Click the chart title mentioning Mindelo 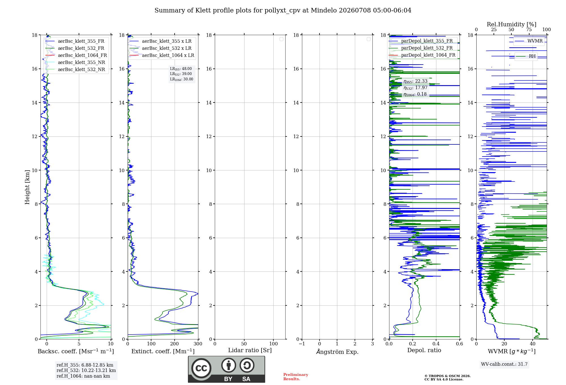283,10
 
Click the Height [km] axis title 27,187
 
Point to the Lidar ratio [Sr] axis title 250,350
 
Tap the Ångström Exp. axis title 337,352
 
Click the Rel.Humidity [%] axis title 511,24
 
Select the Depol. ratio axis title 424,350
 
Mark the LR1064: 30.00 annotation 181,79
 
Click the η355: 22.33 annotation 415,81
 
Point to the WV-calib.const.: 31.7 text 504,364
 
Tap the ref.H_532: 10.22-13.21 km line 86,370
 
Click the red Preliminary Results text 296,377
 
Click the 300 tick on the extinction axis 198,344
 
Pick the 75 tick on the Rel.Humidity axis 529,29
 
